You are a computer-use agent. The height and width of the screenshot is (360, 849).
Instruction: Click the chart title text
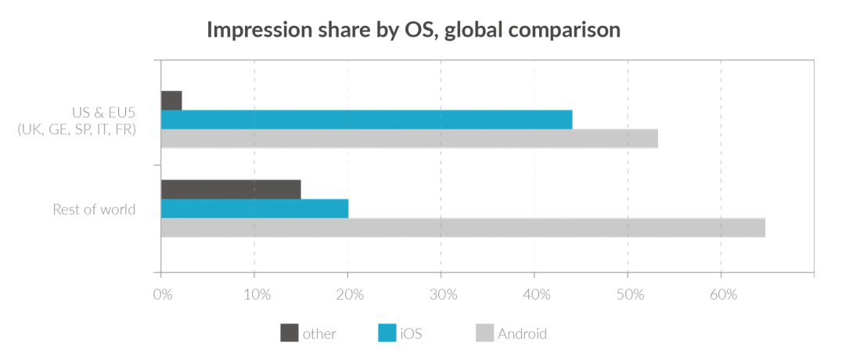[x=413, y=31]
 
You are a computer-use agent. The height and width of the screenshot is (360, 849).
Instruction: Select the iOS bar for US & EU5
[x=366, y=120]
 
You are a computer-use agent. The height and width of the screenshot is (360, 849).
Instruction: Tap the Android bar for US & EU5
[x=408, y=139]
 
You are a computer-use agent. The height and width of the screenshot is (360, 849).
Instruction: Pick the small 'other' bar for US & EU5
[x=171, y=100]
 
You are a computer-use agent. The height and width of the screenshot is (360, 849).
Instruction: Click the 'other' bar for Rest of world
[x=231, y=189]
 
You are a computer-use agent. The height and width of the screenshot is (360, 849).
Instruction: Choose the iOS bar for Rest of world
[x=254, y=208]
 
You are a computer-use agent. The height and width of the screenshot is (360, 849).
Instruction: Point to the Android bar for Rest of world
[x=462, y=228]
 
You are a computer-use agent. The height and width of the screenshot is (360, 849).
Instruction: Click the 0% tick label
[x=162, y=295]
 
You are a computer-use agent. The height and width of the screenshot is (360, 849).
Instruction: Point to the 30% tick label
[x=444, y=295]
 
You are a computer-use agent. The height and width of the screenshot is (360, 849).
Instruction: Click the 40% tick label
[x=537, y=295]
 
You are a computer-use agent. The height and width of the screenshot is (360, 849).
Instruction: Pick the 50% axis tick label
[x=630, y=295]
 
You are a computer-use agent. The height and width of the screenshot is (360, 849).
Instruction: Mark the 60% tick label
[x=723, y=295]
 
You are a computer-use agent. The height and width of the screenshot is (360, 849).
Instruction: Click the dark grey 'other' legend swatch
[x=290, y=333]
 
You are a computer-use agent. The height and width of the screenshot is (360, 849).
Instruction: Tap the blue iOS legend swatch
[x=387, y=333]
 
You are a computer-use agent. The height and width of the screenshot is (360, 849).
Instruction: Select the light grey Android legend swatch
[x=484, y=333]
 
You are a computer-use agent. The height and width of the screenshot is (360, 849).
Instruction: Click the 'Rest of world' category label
[x=94, y=209]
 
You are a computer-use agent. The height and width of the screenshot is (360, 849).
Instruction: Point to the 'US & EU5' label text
[x=103, y=112]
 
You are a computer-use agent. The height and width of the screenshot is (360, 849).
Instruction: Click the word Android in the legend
[x=522, y=334]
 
